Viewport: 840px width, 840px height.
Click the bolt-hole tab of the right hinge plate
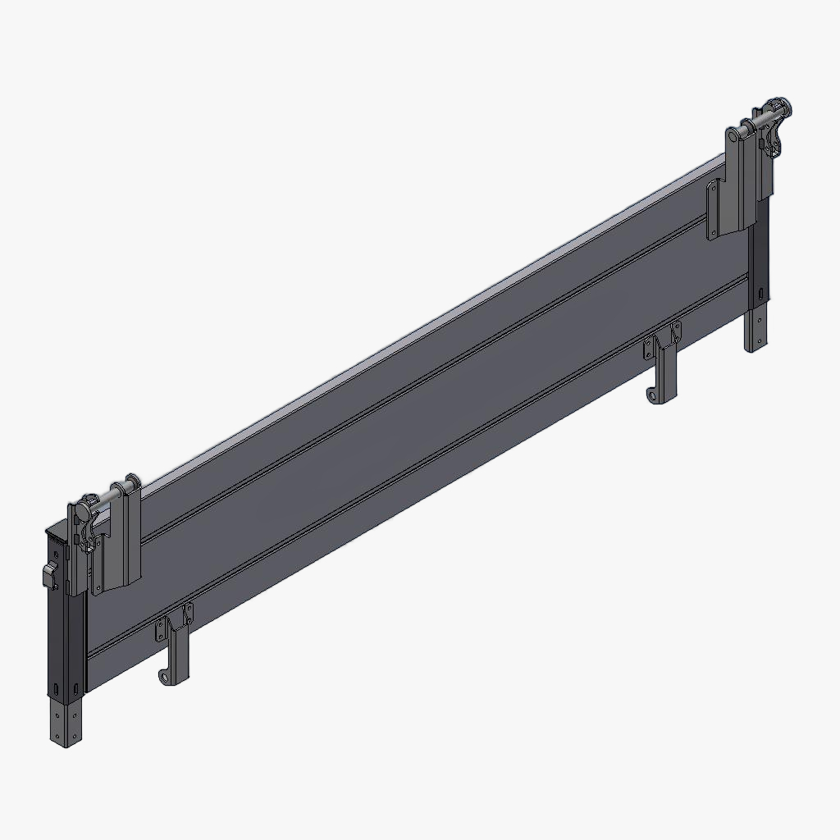(x=713, y=210)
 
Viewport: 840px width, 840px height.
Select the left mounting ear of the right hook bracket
(x=651, y=345)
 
